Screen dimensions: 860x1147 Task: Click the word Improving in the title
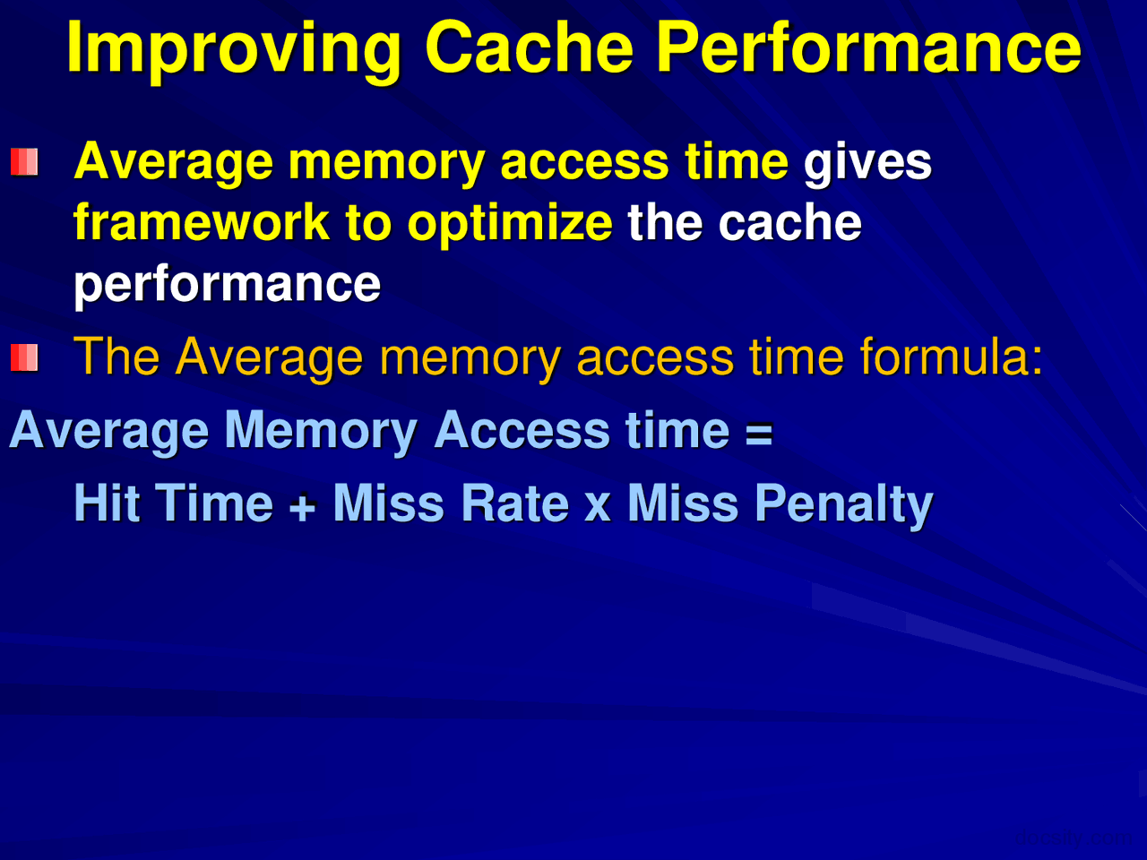coord(233,48)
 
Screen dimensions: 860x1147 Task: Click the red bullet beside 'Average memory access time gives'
coord(24,162)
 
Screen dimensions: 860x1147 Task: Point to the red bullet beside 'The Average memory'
coord(24,358)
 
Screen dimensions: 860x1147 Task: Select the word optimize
coord(510,224)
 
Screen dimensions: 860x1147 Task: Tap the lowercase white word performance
coord(227,285)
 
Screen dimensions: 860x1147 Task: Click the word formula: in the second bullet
coord(952,357)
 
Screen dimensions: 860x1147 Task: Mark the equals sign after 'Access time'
coord(759,434)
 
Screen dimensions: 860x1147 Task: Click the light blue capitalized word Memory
coord(321,432)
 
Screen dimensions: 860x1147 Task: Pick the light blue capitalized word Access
coord(522,430)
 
